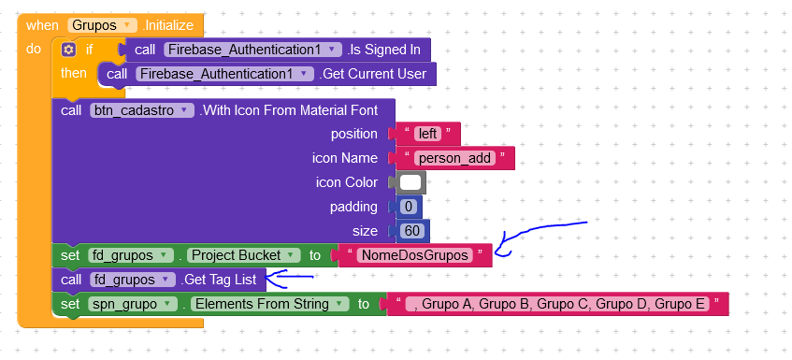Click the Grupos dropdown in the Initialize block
click(103, 25)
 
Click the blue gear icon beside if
click(68, 50)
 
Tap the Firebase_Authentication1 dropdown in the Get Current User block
click(224, 74)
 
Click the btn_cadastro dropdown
click(142, 110)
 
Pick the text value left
click(427, 134)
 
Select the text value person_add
click(453, 158)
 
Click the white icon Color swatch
click(410, 182)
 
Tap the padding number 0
click(407, 207)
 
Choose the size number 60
click(410, 231)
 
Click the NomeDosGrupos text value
click(414, 255)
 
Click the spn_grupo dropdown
click(133, 304)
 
